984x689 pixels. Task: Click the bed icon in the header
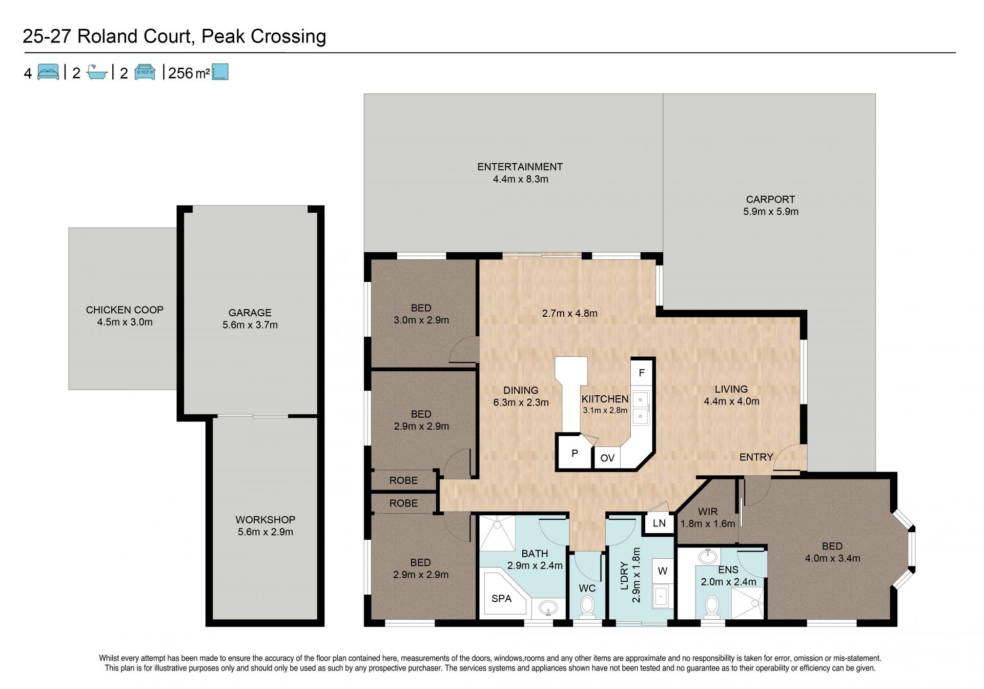point(48,72)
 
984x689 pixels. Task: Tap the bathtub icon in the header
point(97,72)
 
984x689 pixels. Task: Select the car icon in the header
point(145,72)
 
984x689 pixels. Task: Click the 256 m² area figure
point(189,73)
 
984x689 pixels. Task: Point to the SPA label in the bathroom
point(501,598)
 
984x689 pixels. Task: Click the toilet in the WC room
point(587,606)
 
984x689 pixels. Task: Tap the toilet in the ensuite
point(711,606)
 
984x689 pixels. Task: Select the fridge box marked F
point(641,373)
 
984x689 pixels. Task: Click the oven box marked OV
point(607,457)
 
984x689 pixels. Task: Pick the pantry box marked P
point(575,453)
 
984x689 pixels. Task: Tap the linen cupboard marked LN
point(659,523)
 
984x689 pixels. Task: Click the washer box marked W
point(662,571)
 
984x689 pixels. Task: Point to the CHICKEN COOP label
point(125,310)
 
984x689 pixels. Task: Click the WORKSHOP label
point(265,519)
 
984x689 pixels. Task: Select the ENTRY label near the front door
point(756,457)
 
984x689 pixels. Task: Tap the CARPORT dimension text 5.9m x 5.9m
point(771,211)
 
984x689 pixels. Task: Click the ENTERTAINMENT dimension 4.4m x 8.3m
point(520,179)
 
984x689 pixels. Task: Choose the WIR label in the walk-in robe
point(707,512)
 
